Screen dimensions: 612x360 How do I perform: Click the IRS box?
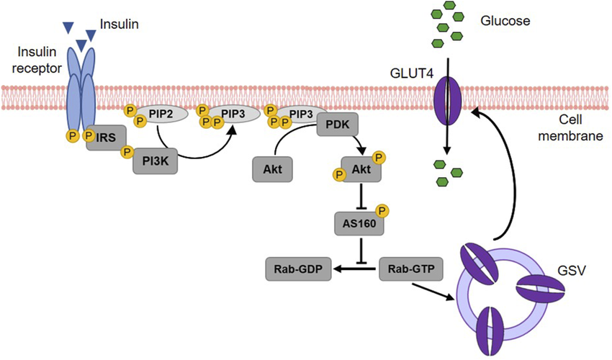[x=106, y=138]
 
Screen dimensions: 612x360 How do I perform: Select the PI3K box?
[x=156, y=161]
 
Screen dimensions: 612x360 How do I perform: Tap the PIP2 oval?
[x=161, y=114]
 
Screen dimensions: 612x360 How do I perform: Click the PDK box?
[x=338, y=125]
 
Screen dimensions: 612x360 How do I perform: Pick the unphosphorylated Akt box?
[x=272, y=169]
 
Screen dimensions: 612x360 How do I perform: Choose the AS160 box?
[x=359, y=224]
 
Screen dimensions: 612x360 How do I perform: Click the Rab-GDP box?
[x=299, y=269]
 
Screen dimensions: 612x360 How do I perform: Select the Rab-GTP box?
[x=411, y=269]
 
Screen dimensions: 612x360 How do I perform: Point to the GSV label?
[x=572, y=270]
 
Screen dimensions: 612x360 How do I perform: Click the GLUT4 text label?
[x=412, y=73]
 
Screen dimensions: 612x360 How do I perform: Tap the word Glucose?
[x=505, y=21]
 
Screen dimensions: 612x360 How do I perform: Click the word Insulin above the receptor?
[x=119, y=24]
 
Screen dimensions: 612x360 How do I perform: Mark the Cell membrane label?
[x=571, y=127]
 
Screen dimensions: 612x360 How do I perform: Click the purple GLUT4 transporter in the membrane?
[x=447, y=100]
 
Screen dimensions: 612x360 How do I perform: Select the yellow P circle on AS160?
[x=382, y=211]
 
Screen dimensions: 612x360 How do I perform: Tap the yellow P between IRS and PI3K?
[x=127, y=151]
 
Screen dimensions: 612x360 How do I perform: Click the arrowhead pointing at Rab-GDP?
[x=337, y=269]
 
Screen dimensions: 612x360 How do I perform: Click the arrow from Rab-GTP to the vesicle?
[x=433, y=292]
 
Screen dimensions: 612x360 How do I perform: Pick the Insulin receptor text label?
[x=37, y=60]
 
